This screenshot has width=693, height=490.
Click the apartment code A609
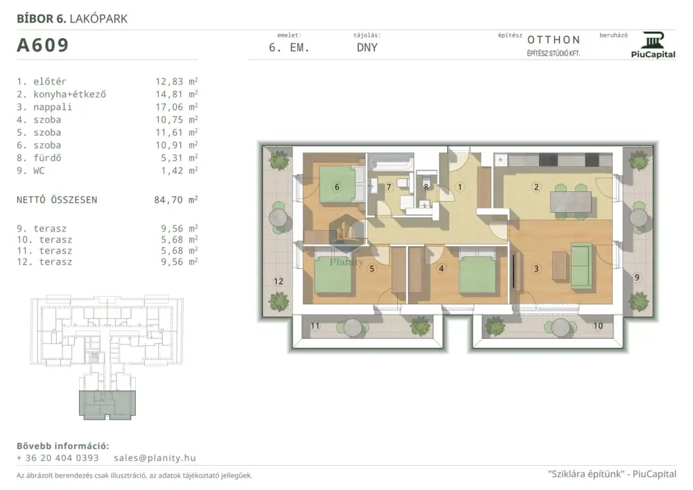(x=43, y=45)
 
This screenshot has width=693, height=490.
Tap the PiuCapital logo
(x=653, y=45)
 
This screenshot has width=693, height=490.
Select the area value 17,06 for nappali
(x=169, y=107)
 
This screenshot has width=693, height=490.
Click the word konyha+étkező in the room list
(x=70, y=94)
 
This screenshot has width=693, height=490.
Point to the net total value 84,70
(x=168, y=200)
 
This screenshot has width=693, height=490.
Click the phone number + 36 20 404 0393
(x=58, y=457)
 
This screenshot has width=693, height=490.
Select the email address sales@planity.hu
(x=155, y=457)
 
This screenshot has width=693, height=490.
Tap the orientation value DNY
(x=367, y=47)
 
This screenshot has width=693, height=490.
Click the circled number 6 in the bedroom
(x=337, y=187)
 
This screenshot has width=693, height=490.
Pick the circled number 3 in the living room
(x=536, y=268)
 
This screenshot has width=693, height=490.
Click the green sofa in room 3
(x=581, y=265)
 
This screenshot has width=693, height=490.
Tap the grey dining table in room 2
(x=570, y=202)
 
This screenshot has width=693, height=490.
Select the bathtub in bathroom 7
(x=391, y=163)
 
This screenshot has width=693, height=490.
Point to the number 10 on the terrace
(x=598, y=326)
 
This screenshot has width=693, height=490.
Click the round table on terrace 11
(x=353, y=328)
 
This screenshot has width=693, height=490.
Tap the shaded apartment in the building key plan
(x=107, y=405)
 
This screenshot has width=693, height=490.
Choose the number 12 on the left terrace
(x=278, y=281)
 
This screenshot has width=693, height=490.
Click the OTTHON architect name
(x=554, y=40)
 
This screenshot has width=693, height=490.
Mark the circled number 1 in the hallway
(x=459, y=187)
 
